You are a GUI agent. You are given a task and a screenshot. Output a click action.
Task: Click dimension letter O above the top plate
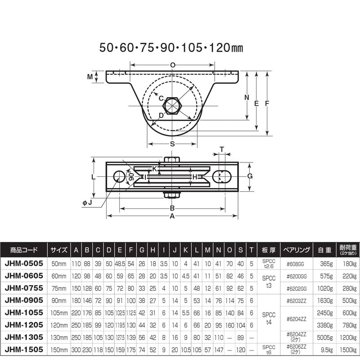173,65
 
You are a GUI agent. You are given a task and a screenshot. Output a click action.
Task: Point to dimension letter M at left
90,77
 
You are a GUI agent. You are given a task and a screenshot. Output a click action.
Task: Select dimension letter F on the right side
267,103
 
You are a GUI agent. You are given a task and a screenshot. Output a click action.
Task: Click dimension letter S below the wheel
172,144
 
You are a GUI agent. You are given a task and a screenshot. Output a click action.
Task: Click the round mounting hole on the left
119,176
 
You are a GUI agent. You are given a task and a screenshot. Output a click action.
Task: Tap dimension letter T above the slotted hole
221,149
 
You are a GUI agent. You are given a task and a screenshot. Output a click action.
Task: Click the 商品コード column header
24,249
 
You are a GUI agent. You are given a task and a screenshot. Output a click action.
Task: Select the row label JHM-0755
24,286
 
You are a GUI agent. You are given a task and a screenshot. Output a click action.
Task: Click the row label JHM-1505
24,349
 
